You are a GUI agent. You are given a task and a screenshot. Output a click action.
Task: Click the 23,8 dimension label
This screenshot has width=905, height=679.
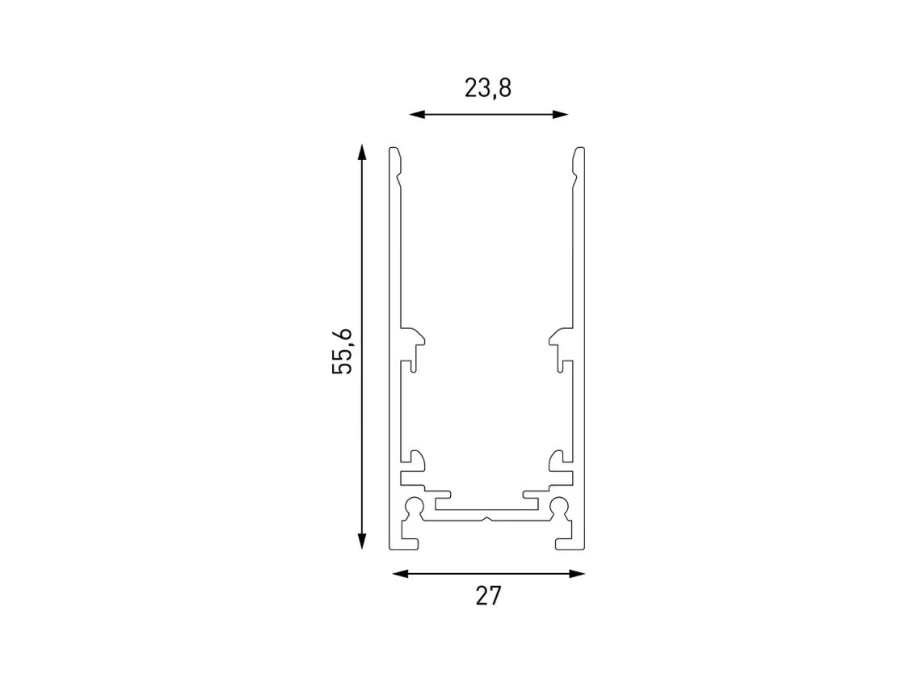pos(488,88)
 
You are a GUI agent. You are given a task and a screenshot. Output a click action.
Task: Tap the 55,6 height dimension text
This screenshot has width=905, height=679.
pos(343,351)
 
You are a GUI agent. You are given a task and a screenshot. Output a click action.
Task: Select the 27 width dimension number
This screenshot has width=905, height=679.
pos(488,595)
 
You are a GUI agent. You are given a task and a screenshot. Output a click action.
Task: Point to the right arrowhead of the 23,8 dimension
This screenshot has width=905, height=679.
pos(561,114)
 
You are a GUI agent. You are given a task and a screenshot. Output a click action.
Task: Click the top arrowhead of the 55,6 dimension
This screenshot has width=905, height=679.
pos(362,152)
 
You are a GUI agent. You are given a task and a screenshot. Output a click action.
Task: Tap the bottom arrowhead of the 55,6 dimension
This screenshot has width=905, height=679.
pos(362,541)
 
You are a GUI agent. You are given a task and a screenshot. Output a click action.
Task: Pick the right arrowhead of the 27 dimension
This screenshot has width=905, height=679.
pos(577,573)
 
